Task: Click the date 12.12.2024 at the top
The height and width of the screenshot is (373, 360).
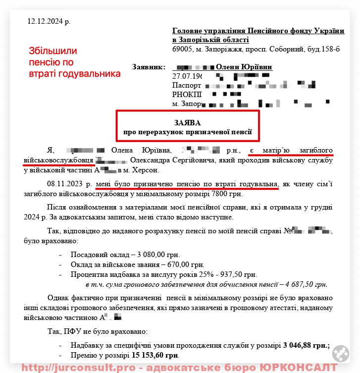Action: (49, 22)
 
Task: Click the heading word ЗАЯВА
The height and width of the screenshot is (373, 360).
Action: (188, 122)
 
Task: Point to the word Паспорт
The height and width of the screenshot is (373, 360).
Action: (186, 85)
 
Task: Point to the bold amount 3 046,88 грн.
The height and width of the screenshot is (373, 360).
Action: (307, 346)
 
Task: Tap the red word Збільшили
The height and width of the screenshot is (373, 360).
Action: (52, 51)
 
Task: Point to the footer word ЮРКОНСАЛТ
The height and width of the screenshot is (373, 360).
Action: (299, 368)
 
